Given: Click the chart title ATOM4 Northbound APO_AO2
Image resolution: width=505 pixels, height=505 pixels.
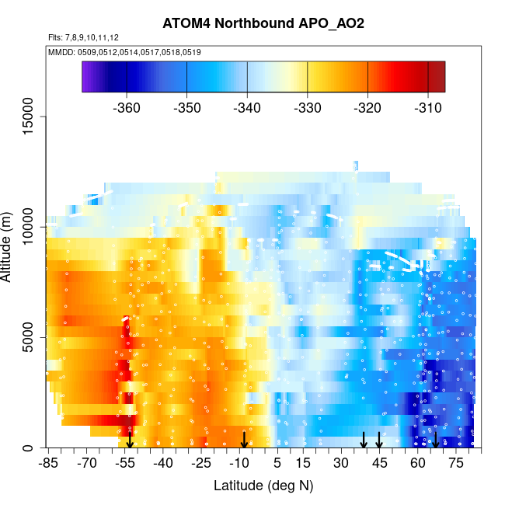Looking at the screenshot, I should click(263, 23).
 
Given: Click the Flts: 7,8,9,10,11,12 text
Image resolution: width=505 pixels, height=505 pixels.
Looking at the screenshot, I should click(83, 37).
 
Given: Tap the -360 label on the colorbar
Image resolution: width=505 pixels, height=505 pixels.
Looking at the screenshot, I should click(126, 107).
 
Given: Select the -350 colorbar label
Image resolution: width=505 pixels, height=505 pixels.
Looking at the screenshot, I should click(186, 107).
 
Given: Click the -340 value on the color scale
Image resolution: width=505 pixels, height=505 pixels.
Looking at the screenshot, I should click(247, 107).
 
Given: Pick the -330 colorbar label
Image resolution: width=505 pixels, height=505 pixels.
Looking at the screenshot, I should click(308, 107).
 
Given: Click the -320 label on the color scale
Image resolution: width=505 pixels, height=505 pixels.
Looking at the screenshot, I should click(367, 107).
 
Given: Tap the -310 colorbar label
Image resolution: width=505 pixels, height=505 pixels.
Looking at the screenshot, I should click(428, 107).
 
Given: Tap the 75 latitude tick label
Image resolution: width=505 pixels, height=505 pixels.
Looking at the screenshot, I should click(455, 464).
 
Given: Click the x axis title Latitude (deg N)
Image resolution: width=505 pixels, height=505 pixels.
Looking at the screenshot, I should click(263, 486).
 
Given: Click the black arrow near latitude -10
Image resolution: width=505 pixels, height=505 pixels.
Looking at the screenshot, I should click(244, 441).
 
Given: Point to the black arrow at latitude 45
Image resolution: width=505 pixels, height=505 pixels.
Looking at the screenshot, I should click(379, 441).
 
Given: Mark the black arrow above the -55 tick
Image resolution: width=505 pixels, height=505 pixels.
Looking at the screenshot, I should click(130, 439).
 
